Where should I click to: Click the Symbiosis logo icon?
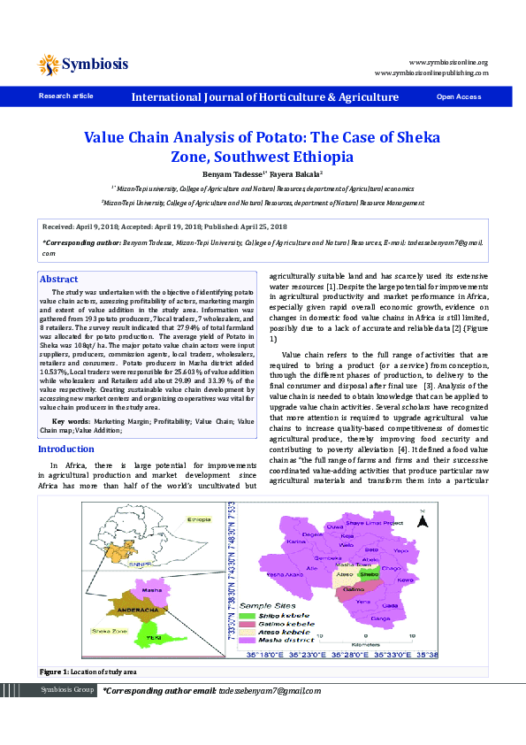pyautogui.click(x=49, y=64)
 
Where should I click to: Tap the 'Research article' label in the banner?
pyautogui.click(x=65, y=96)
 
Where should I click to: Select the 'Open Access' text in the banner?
pyautogui.click(x=458, y=96)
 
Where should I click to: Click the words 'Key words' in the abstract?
pyautogui.click(x=71, y=420)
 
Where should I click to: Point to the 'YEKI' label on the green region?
pyautogui.click(x=154, y=636)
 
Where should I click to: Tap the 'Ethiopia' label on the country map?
pyautogui.click(x=199, y=519)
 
